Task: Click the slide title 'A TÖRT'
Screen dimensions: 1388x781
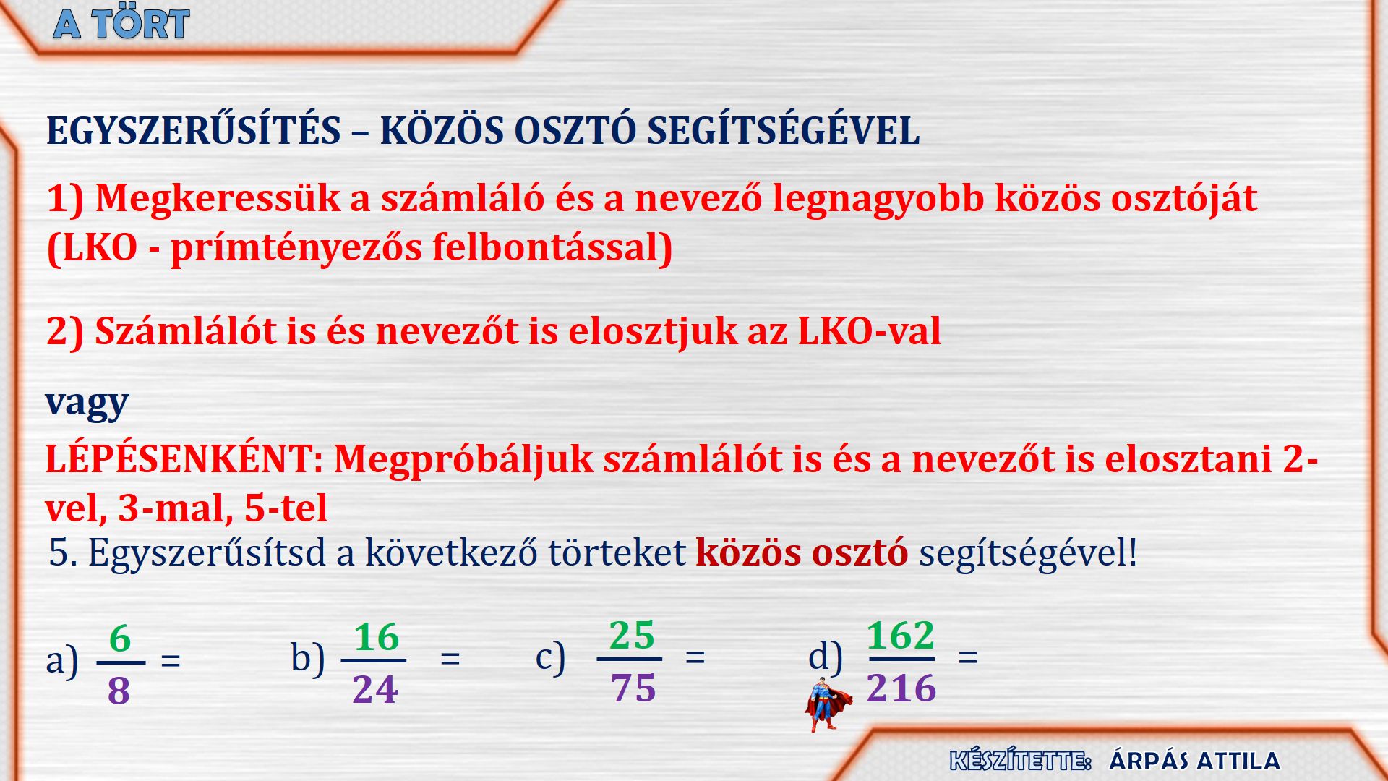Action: click(x=121, y=24)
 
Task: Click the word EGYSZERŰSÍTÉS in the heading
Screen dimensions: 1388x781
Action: click(x=194, y=131)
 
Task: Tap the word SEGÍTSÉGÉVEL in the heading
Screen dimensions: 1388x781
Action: click(x=783, y=131)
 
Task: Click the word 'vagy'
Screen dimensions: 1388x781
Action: click(x=87, y=403)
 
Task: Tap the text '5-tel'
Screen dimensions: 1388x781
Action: click(x=286, y=508)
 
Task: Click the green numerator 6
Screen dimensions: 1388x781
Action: click(x=120, y=639)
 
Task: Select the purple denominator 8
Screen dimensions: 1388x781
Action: click(x=119, y=691)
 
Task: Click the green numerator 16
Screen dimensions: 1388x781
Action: click(x=377, y=638)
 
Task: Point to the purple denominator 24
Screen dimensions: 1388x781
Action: click(x=375, y=690)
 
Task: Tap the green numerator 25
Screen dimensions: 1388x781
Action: click(x=632, y=636)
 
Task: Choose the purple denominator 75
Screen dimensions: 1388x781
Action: click(x=633, y=688)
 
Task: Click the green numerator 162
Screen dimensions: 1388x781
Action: click(x=901, y=636)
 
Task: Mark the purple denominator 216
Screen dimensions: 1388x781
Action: click(x=901, y=688)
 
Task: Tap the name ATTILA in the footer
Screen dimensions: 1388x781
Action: click(x=1238, y=761)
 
